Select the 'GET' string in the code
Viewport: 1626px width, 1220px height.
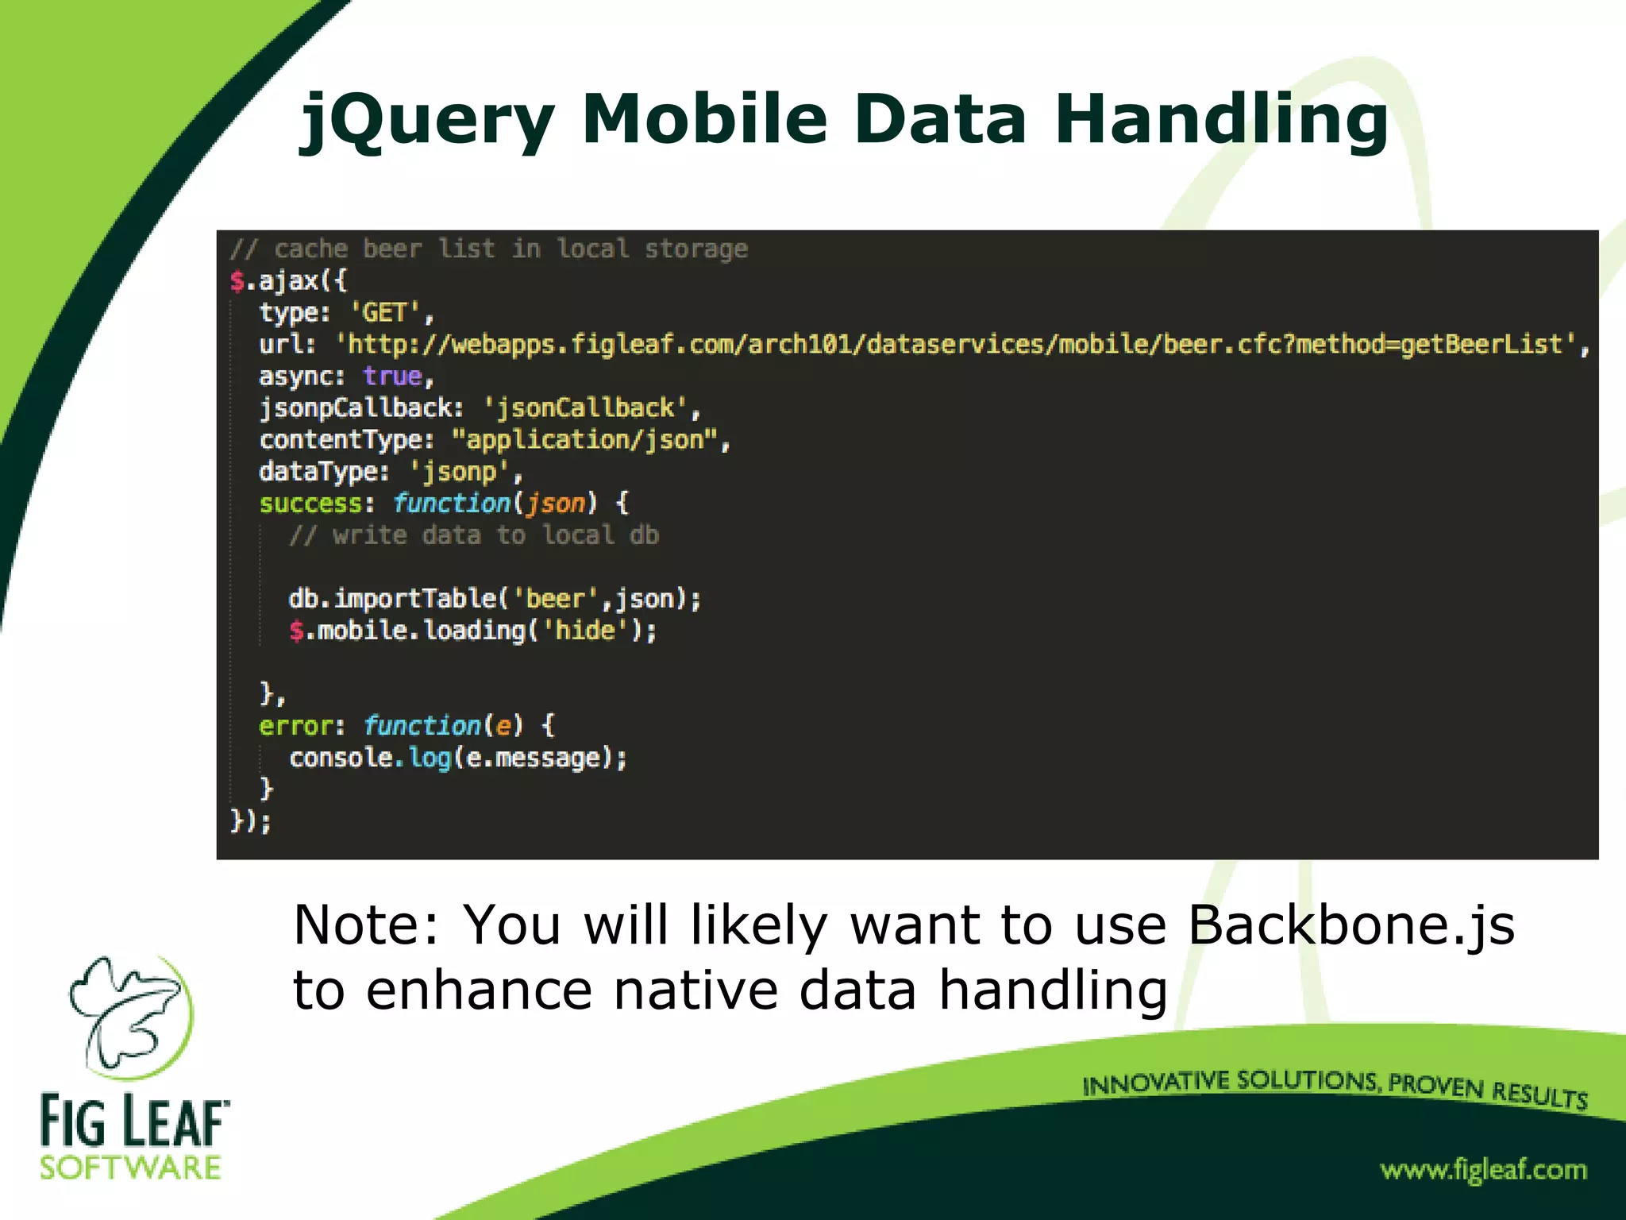coord(384,312)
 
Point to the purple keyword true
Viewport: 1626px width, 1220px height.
coord(392,376)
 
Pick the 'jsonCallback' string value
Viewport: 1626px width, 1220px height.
coord(586,407)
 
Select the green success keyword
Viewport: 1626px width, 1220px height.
coord(310,503)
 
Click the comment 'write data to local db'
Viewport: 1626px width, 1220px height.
coord(474,535)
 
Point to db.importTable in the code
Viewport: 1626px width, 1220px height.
coord(392,598)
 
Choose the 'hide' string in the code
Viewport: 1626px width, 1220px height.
coord(585,630)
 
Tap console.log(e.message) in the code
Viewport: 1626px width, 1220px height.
coord(457,757)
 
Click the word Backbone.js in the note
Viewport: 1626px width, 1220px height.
coord(1351,925)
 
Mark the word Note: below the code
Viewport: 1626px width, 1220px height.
coord(365,925)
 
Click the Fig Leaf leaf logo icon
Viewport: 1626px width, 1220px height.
coord(132,1016)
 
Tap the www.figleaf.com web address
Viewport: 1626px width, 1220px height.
coord(1483,1169)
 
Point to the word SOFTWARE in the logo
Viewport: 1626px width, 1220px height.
coord(131,1168)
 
